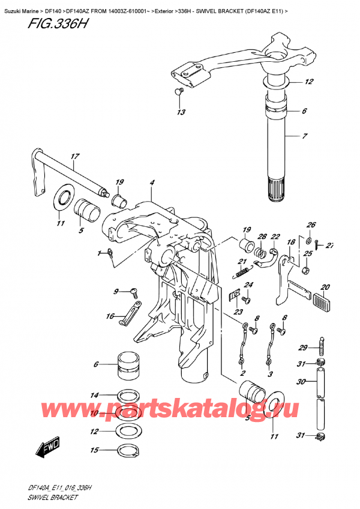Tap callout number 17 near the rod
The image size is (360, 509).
(74, 158)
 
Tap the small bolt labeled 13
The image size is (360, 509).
(178, 91)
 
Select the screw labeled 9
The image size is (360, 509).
(133, 292)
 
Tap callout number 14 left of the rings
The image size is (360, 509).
(94, 395)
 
